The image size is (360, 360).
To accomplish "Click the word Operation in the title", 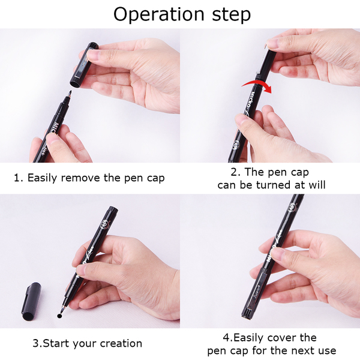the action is tap(158, 14).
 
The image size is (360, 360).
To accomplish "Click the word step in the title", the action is tap(232, 15).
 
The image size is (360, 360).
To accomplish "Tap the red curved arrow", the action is tap(257, 86).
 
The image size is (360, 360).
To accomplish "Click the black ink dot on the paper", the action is tap(59, 316).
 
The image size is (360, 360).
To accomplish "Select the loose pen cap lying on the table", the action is tap(31, 301).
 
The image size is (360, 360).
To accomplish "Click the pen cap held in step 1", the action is tap(84, 65).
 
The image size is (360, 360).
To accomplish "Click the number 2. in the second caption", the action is tap(236, 172).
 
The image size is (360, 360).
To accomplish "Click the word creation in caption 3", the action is tap(121, 343).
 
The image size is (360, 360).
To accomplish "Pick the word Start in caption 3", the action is tap(57, 343).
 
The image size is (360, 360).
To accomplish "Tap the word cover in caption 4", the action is tap(283, 338).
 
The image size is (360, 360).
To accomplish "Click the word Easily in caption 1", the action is tap(42, 178).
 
